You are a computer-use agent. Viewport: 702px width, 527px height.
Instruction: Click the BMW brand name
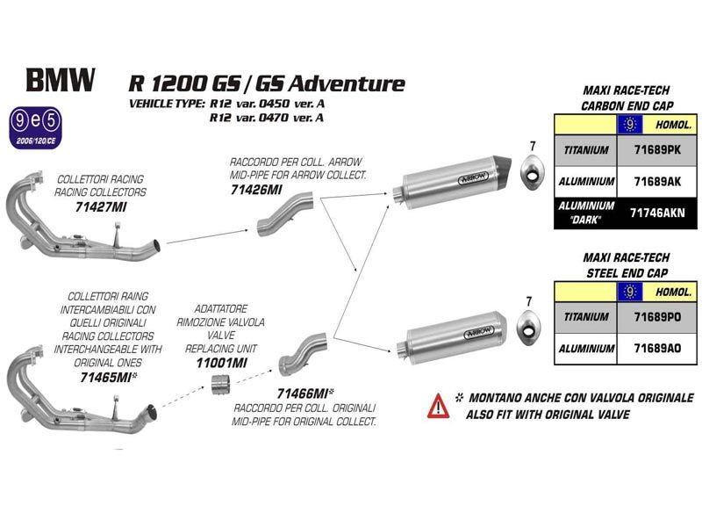pos(61,80)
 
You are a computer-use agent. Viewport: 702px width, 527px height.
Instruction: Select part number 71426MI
pos(256,190)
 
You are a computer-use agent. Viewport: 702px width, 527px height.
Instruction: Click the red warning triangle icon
pos(438,406)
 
